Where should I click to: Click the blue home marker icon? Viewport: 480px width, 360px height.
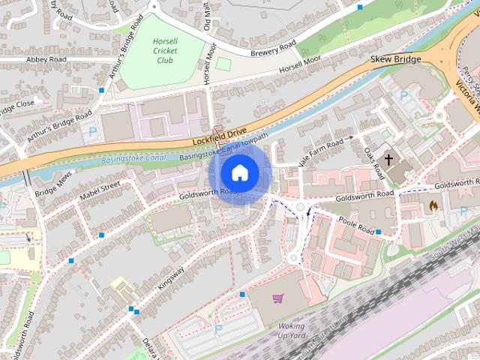(x=239, y=173)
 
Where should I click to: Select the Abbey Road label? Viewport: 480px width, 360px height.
(x=46, y=59)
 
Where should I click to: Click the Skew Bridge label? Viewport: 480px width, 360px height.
(x=396, y=59)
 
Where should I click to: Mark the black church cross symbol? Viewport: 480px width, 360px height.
(x=388, y=159)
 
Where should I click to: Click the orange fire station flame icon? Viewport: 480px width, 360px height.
(x=433, y=203)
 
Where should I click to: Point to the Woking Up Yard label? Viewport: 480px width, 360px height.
(x=292, y=331)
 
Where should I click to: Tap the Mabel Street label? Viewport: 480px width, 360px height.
(x=100, y=192)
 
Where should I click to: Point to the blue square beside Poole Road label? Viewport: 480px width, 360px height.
(x=379, y=232)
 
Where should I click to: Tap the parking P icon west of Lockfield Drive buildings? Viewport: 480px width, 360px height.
(x=92, y=130)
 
